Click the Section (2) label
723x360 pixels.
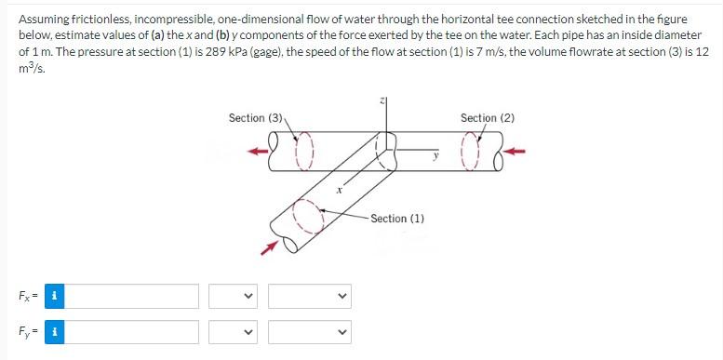click(x=487, y=118)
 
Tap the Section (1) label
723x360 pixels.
click(x=397, y=219)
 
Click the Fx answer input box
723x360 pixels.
click(x=131, y=297)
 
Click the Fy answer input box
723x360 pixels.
click(x=131, y=332)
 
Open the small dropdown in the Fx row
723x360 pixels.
click(x=233, y=297)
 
